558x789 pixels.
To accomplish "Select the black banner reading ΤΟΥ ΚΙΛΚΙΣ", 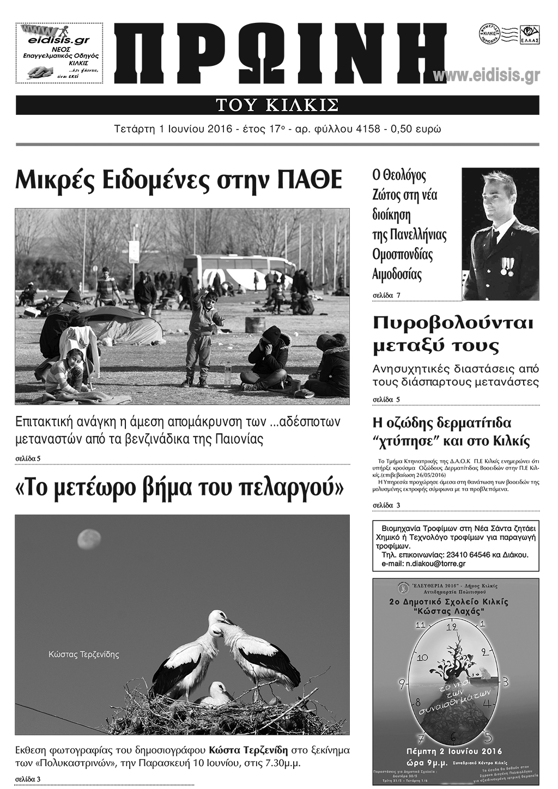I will click(x=277, y=105).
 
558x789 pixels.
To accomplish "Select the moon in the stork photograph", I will click(x=88, y=540).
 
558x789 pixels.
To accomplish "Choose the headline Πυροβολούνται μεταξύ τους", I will click(x=453, y=334).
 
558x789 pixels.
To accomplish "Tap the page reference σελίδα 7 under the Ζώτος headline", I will click(x=386, y=295).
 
